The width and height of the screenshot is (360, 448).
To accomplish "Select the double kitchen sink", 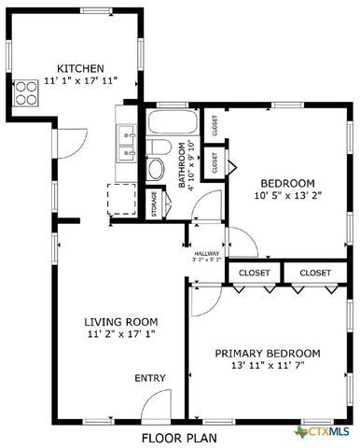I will click(128, 144).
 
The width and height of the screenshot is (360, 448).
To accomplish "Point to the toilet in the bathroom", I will click(158, 168).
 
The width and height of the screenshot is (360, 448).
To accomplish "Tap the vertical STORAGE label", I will click(154, 204).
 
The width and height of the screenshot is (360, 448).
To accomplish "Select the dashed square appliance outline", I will click(122, 199).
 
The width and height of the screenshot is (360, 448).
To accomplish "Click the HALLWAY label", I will click(206, 253).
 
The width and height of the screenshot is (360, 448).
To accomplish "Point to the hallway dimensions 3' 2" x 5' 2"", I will click(206, 260).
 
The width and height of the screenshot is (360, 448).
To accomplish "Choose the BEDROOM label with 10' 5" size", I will click(286, 183).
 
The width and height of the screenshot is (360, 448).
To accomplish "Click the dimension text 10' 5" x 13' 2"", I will click(286, 196).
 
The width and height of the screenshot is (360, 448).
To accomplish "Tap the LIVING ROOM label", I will click(119, 319).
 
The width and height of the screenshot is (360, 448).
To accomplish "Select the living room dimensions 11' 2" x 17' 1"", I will click(119, 332).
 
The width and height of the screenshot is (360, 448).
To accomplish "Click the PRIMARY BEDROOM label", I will click(268, 353).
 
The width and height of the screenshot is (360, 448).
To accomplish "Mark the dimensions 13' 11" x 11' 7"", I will click(268, 366).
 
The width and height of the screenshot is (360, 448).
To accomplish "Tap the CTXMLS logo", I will click(323, 432).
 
